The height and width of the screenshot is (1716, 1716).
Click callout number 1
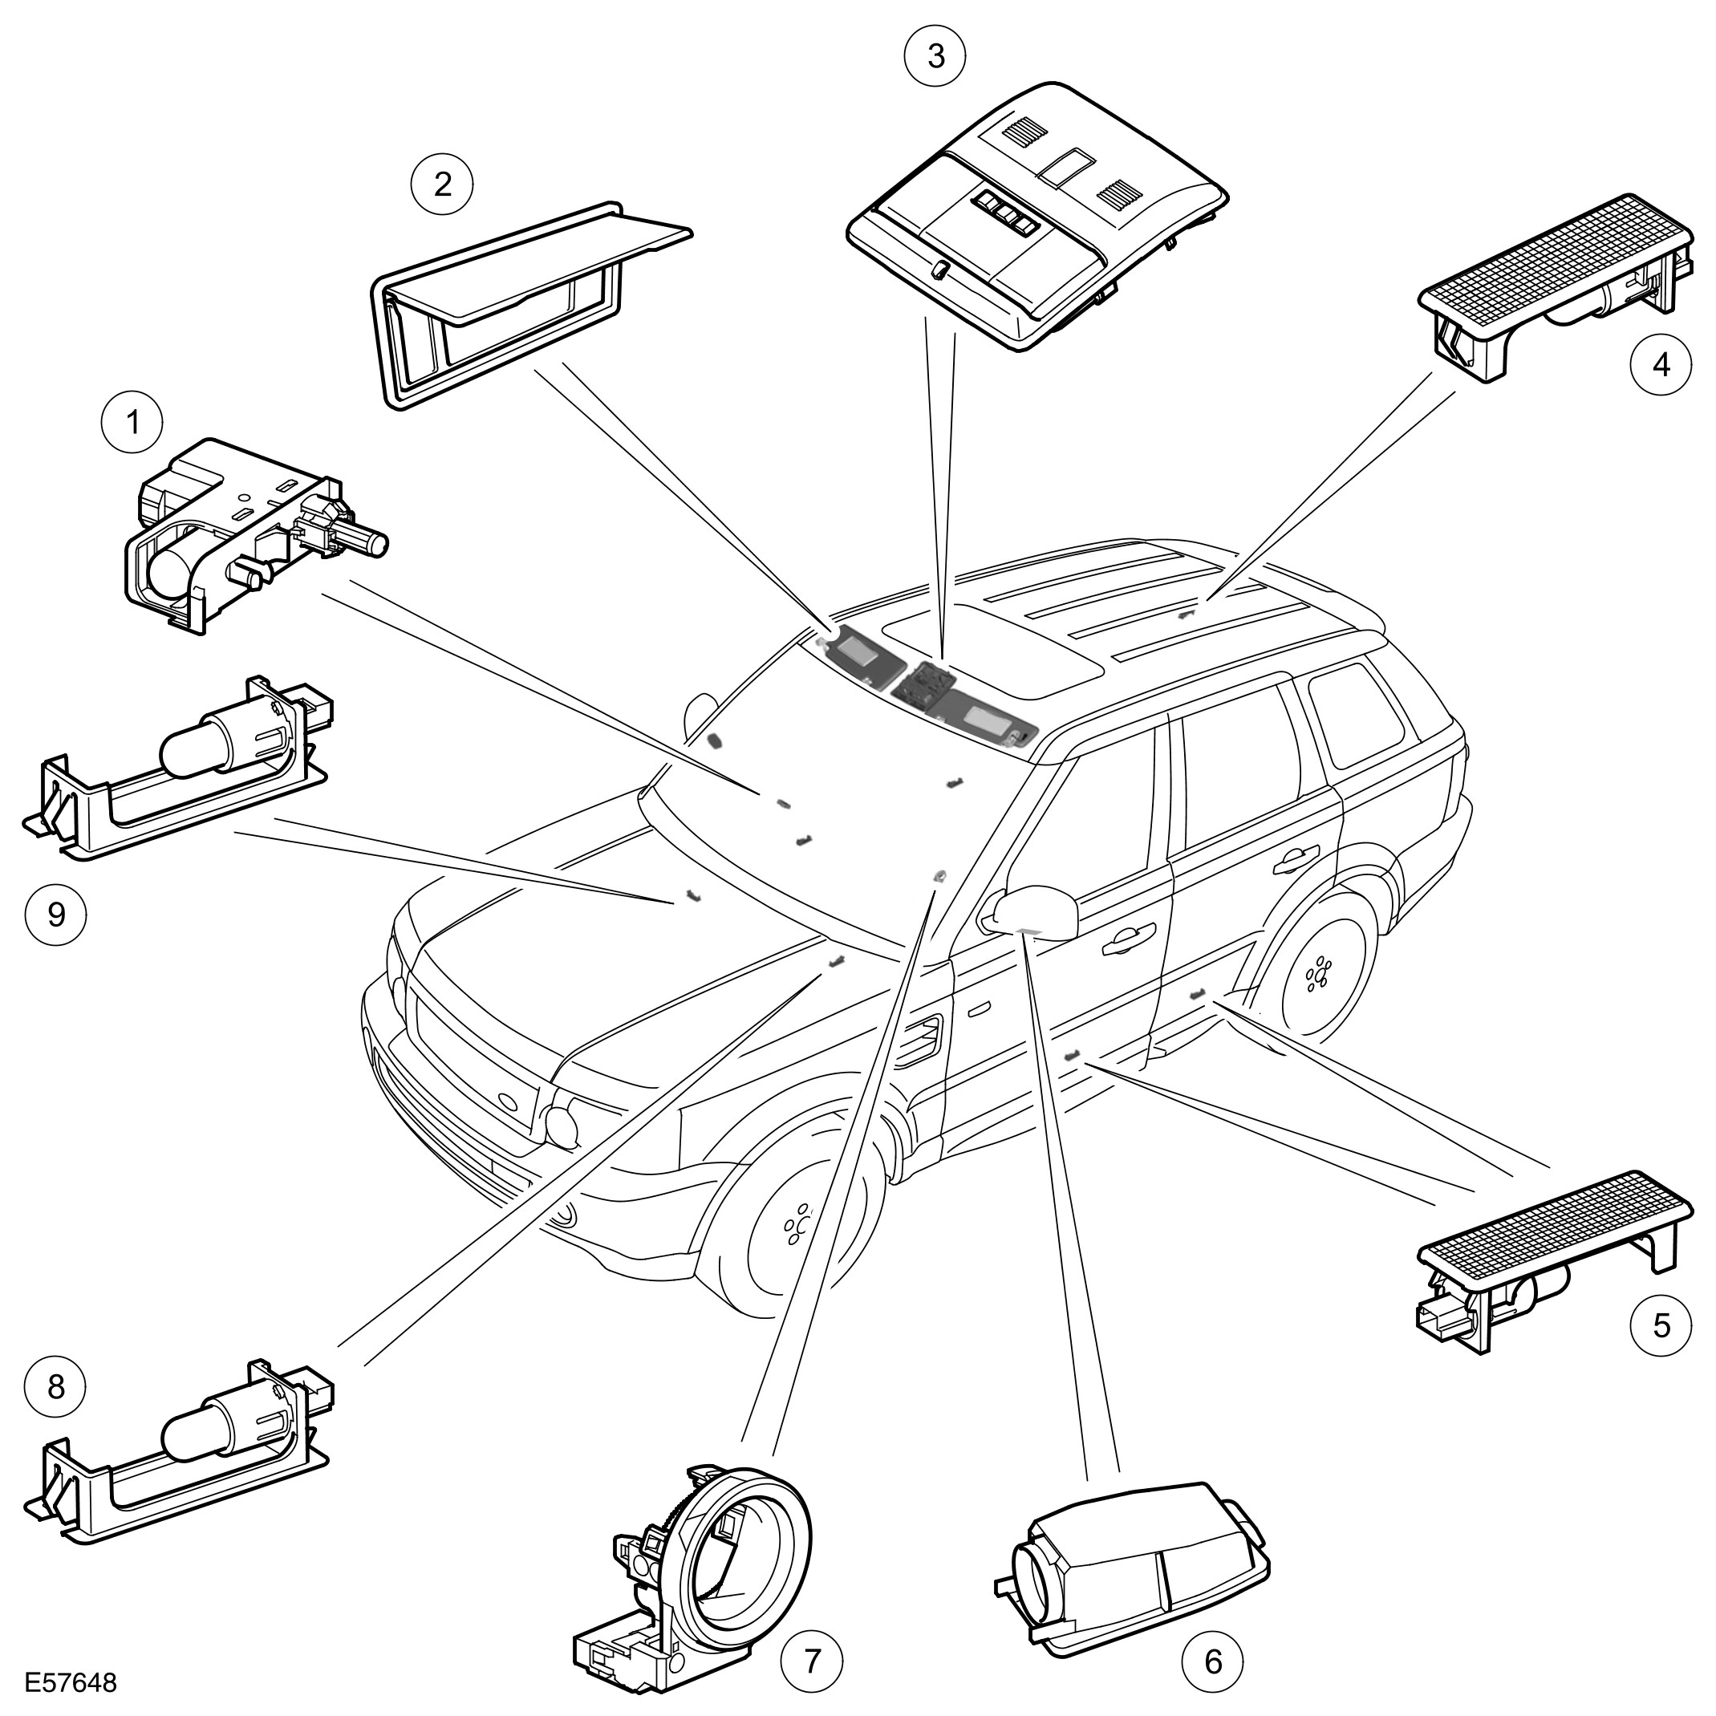[x=133, y=424]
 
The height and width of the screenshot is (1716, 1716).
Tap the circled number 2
[x=441, y=184]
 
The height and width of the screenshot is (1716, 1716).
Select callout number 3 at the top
[x=935, y=56]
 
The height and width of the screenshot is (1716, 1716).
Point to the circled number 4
[x=1661, y=365]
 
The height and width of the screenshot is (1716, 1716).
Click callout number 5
[x=1661, y=1351]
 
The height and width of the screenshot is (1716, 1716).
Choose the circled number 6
[x=1213, y=1661]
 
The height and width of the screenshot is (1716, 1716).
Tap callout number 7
[x=811, y=1661]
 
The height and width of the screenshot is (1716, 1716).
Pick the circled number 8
[x=56, y=1386]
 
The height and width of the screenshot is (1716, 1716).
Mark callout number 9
[x=56, y=914]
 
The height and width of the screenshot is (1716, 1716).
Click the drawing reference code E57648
[x=71, y=1684]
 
